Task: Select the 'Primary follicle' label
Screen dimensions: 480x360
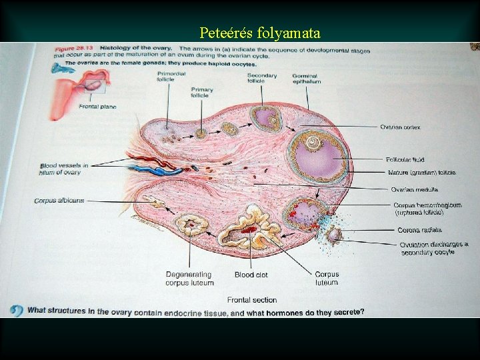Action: click(x=202, y=93)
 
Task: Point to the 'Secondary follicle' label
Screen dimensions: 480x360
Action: click(x=262, y=79)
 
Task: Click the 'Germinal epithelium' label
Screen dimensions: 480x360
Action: click(x=306, y=79)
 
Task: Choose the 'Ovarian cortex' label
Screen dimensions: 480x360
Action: click(x=400, y=127)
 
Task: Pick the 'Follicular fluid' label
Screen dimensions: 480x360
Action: click(x=405, y=160)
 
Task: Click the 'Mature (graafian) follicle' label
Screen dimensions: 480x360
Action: click(x=422, y=173)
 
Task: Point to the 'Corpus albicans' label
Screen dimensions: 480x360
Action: click(x=59, y=201)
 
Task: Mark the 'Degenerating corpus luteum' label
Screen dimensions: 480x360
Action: click(x=189, y=279)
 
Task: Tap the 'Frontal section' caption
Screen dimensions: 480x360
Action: click(x=252, y=300)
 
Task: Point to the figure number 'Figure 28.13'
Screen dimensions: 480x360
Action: click(x=73, y=49)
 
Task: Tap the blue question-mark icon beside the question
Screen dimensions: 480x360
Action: click(x=16, y=311)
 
